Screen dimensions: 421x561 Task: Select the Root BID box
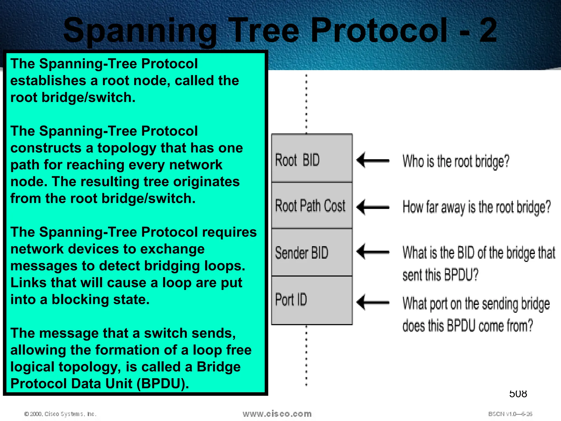[312, 158]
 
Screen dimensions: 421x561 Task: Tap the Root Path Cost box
[312, 206]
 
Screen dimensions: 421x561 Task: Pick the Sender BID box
[312, 252]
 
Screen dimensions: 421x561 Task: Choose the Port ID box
[312, 300]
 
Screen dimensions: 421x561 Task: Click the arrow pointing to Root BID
[373, 160]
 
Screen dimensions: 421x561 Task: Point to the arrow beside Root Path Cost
[373, 207]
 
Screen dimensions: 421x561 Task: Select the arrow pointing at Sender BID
[373, 251]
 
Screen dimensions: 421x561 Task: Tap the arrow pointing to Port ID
[373, 302]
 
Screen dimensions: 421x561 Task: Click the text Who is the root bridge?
[456, 161]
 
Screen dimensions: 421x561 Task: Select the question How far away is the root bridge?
[476, 207]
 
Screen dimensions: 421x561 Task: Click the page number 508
[518, 394]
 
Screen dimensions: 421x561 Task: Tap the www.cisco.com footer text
[277, 414]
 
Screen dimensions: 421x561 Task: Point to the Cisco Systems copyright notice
[60, 414]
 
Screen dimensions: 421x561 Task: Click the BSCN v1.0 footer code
[510, 414]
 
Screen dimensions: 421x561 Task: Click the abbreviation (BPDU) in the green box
[163, 384]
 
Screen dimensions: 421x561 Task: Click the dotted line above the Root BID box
[306, 104]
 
